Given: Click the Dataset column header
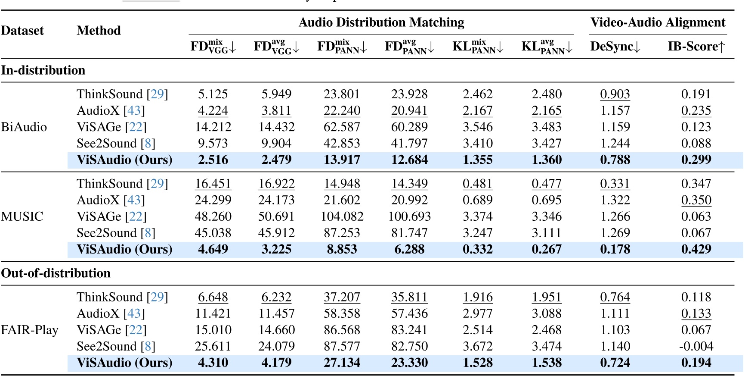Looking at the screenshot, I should click(x=22, y=31).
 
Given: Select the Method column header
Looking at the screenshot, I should click(x=99, y=31).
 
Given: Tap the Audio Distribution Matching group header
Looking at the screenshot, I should click(x=381, y=22).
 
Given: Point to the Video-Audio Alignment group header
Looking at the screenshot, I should click(x=658, y=22).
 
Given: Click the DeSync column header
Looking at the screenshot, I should click(x=615, y=47).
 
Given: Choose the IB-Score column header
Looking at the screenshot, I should click(x=696, y=47).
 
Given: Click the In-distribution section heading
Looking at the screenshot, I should click(x=43, y=70).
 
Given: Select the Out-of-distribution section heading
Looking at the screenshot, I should click(x=56, y=273).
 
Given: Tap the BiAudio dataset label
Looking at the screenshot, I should click(x=24, y=127).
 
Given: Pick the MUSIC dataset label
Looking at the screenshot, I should click(x=22, y=216).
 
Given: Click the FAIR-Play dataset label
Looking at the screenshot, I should click(x=29, y=330).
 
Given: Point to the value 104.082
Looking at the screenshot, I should click(x=342, y=216).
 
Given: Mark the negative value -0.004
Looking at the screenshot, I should click(x=696, y=346).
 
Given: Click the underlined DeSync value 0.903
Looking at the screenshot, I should click(x=615, y=94).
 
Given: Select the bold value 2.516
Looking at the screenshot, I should click(x=213, y=160).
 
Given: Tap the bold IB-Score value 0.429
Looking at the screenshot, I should click(x=696, y=249).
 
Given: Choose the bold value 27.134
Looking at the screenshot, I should click(x=342, y=363).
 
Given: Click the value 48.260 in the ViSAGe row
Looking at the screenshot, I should click(x=213, y=216).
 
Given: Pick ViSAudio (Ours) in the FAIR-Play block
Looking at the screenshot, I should click(x=124, y=363).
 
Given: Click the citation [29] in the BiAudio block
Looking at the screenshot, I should click(x=157, y=94).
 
